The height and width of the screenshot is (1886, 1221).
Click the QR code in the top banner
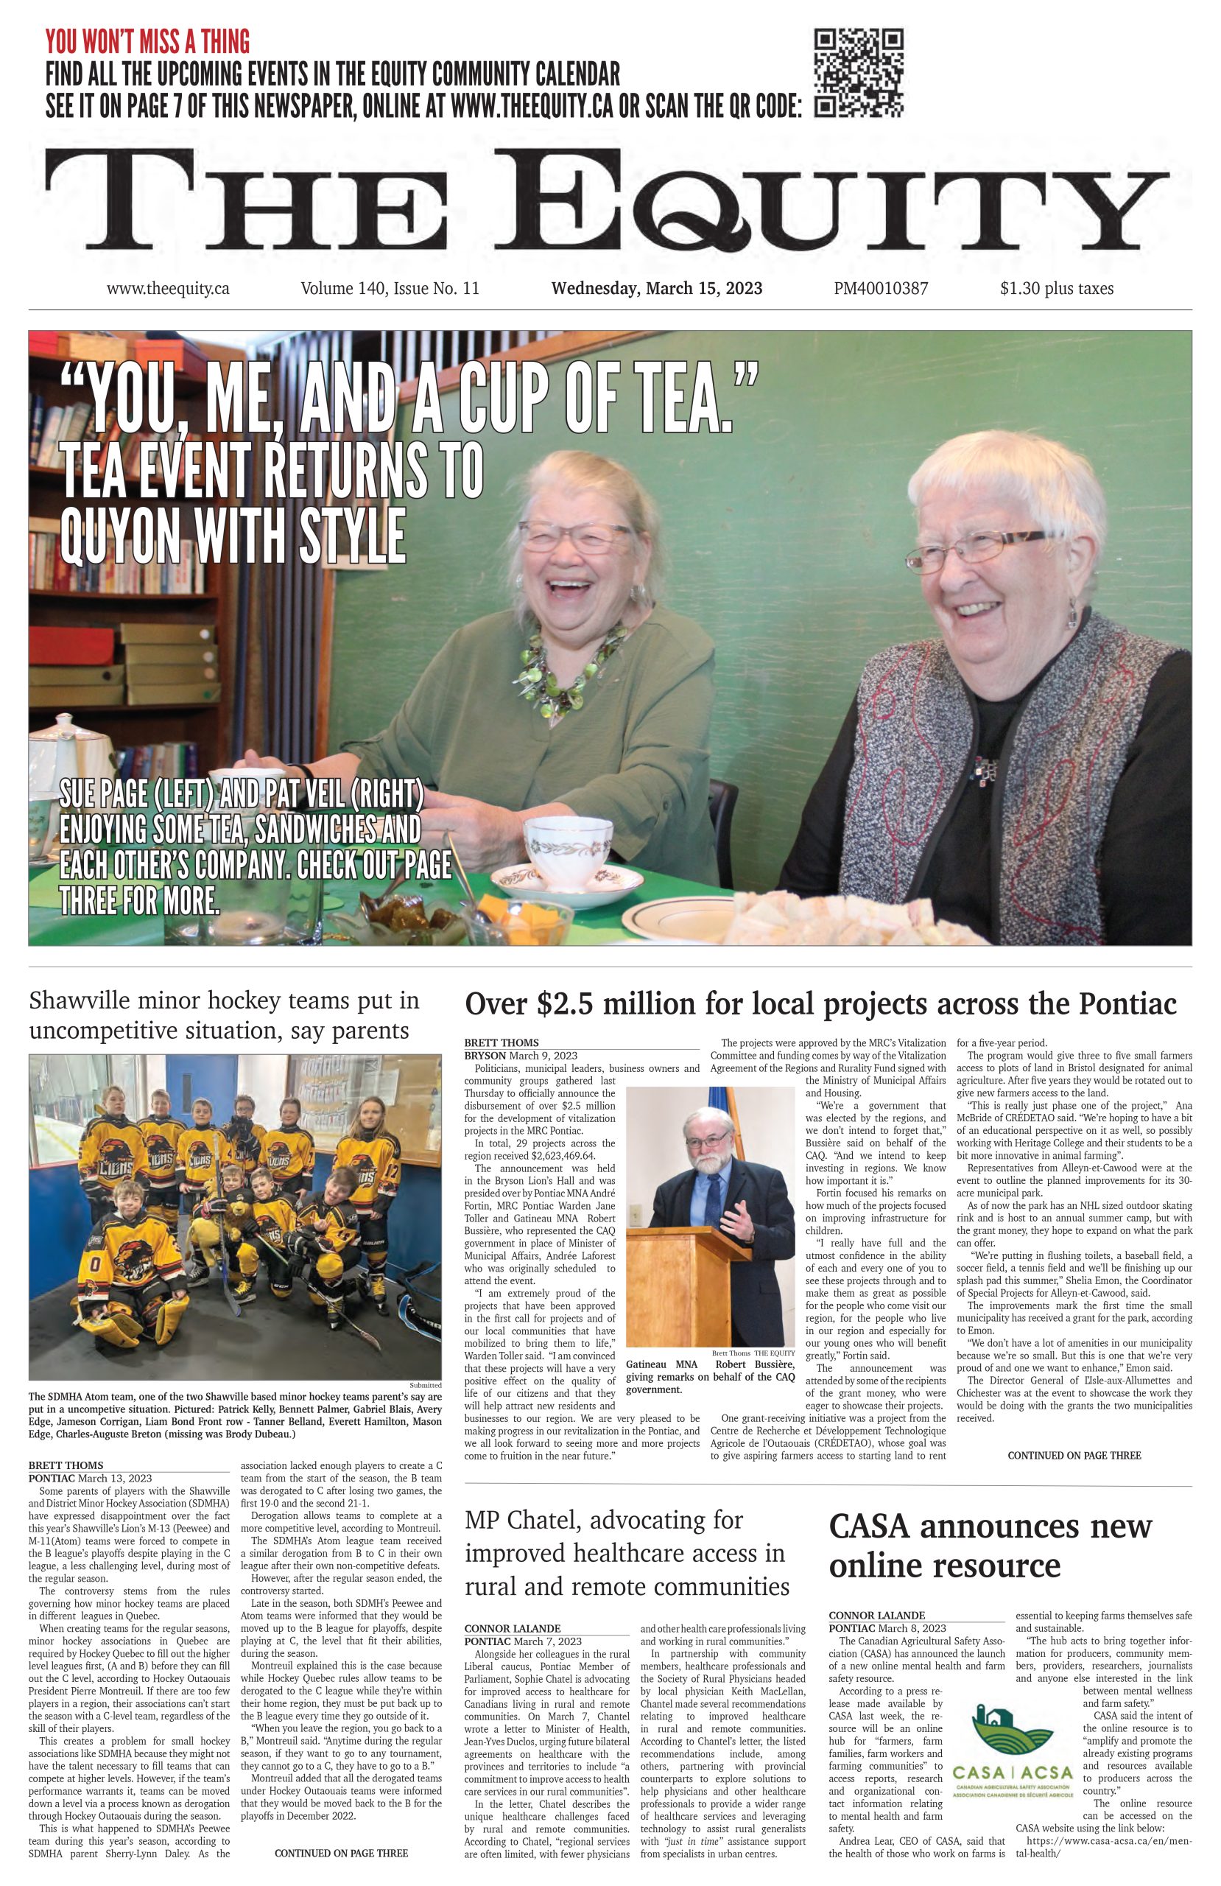click(x=859, y=73)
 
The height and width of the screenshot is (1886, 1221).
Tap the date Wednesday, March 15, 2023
click(x=657, y=289)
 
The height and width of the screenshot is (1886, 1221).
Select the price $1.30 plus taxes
click(x=1056, y=289)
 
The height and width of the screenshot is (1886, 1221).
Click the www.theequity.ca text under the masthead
click(x=168, y=289)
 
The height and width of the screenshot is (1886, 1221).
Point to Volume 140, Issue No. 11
click(x=390, y=289)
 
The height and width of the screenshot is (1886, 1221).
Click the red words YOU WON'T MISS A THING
click(x=147, y=41)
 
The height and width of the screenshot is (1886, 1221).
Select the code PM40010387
click(x=880, y=289)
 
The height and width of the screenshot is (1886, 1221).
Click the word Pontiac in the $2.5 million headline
click(x=1127, y=1003)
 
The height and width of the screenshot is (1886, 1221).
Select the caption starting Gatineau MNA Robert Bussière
click(x=710, y=1376)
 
